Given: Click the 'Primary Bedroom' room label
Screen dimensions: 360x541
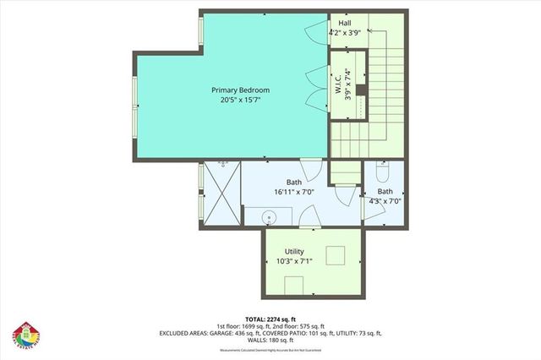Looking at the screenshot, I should [241, 89].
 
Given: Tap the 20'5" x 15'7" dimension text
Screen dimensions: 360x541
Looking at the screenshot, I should [241, 100].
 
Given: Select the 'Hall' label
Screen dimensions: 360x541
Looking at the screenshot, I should [345, 23].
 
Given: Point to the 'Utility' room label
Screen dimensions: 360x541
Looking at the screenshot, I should [294, 252].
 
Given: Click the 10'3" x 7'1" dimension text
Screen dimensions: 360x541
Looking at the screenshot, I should [294, 262].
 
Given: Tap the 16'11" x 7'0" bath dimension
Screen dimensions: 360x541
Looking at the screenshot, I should [293, 192].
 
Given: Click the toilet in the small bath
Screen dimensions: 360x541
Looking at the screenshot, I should [382, 173].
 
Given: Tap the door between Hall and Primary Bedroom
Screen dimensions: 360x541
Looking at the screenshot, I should [316, 31].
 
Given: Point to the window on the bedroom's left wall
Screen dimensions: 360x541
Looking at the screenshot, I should [134, 106].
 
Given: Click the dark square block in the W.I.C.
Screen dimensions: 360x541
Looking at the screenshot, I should [358, 90].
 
